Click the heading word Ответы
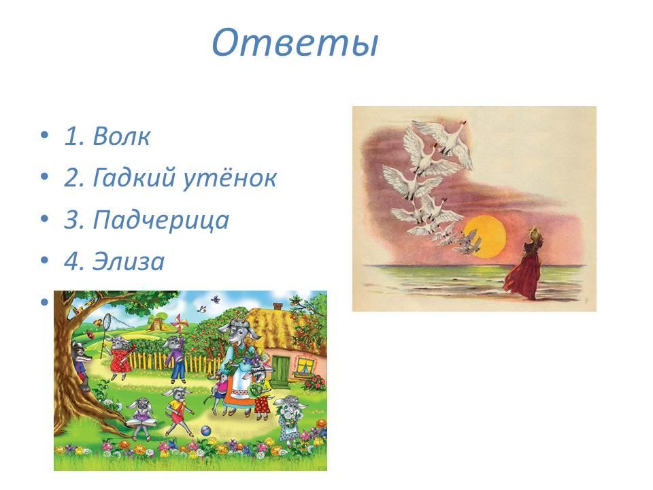[x=295, y=42]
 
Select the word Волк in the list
[x=121, y=136]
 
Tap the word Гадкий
[x=134, y=178]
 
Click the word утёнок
[x=229, y=178]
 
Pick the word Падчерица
[x=161, y=220]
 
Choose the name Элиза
[x=129, y=261]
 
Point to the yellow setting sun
[x=484, y=236]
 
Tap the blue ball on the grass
[x=205, y=429]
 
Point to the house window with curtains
[x=306, y=366]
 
